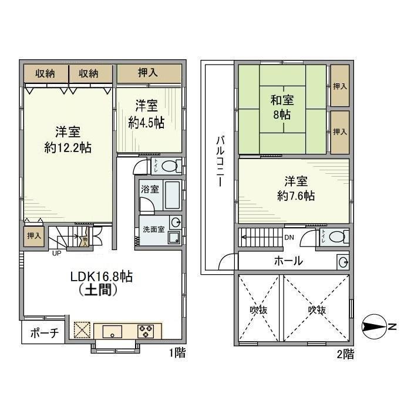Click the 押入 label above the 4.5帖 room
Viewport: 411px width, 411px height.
pos(148,73)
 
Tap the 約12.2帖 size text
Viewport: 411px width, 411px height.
pos(68,147)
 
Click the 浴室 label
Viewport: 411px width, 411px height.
pos(149,190)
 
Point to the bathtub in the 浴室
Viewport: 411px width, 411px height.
pos(172,196)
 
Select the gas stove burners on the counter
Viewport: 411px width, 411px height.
pos(146,331)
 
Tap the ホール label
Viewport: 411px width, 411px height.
pos(288,261)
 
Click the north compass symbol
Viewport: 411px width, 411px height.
pos(376,326)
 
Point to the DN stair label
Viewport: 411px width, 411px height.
pos(289,238)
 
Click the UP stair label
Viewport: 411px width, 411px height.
pos(57,254)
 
